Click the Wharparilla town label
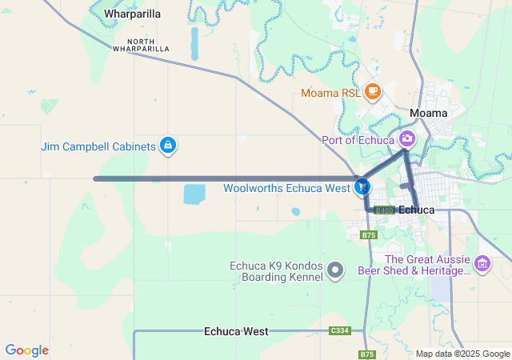coord(132,14)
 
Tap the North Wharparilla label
coord(140,45)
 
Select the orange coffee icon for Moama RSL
coord(372,92)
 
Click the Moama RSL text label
coord(330,93)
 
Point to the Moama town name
coord(428,113)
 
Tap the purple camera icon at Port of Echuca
coord(407,139)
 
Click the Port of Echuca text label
coord(358,140)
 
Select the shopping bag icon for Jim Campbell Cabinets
coord(168,146)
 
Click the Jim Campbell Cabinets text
coord(98,146)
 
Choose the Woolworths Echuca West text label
coord(286,190)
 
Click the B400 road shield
coord(384,210)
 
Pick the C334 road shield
coord(340,330)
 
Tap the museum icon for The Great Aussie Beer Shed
coord(482,263)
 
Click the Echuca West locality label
coord(236,330)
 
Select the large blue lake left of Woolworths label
coord(194,194)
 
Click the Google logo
coord(26,350)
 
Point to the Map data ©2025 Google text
coord(462,354)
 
